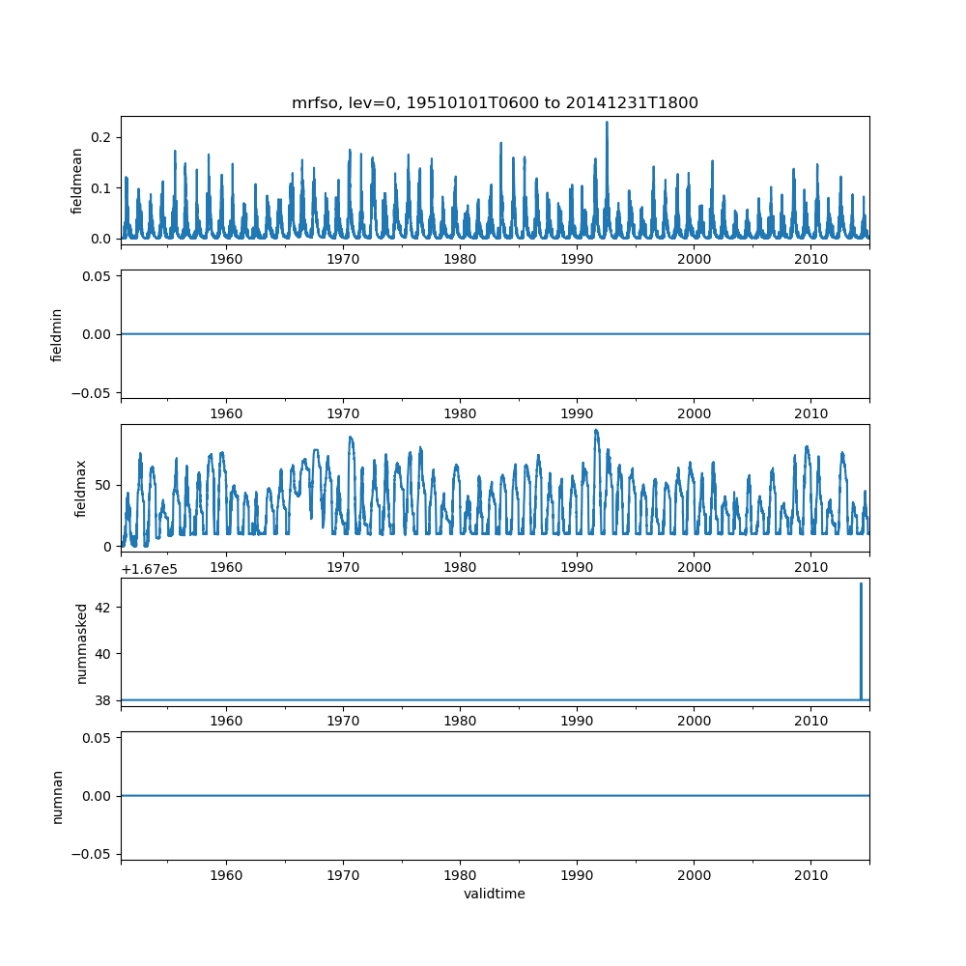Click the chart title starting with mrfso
pyautogui.click(x=495, y=103)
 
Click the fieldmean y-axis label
pyautogui.click(x=76, y=183)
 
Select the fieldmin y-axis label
pyautogui.click(x=57, y=334)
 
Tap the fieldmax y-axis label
pyautogui.click(x=81, y=488)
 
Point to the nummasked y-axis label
pyautogui.click(x=82, y=643)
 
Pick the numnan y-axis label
pyautogui.click(x=57, y=796)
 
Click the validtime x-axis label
pyautogui.click(x=495, y=894)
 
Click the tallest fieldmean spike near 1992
pyautogui.click(x=607, y=124)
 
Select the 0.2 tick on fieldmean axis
pyautogui.click(x=100, y=137)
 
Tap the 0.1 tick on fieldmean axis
pyautogui.click(x=100, y=187)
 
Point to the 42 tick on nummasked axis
pyautogui.click(x=104, y=607)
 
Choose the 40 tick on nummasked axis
pyautogui.click(x=104, y=653)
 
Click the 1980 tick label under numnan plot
pyautogui.click(x=460, y=874)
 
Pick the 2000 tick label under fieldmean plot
pyautogui.click(x=694, y=260)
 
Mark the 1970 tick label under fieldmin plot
pyautogui.click(x=343, y=412)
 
